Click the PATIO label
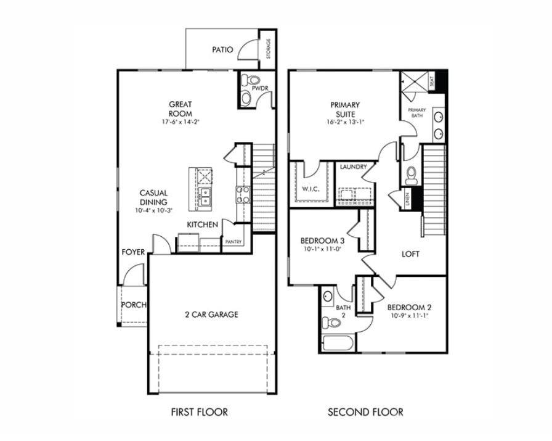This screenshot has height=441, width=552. [x=222, y=49]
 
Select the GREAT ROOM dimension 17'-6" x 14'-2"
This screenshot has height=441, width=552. [x=181, y=122]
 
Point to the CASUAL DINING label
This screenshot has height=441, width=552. [x=153, y=197]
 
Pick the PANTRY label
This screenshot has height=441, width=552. [x=233, y=242]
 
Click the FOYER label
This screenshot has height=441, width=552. [x=133, y=252]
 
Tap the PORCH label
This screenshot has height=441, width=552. [x=134, y=305]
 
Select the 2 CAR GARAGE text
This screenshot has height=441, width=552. [x=211, y=315]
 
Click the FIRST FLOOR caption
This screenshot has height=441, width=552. [x=199, y=412]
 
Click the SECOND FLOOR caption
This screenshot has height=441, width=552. [x=365, y=412]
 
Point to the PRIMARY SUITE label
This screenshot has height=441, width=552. [x=345, y=109]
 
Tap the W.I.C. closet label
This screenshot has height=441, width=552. [x=309, y=189]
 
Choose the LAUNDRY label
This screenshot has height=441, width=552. [x=353, y=167]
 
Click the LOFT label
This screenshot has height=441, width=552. [x=411, y=253]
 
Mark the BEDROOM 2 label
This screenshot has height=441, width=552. [x=408, y=307]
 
